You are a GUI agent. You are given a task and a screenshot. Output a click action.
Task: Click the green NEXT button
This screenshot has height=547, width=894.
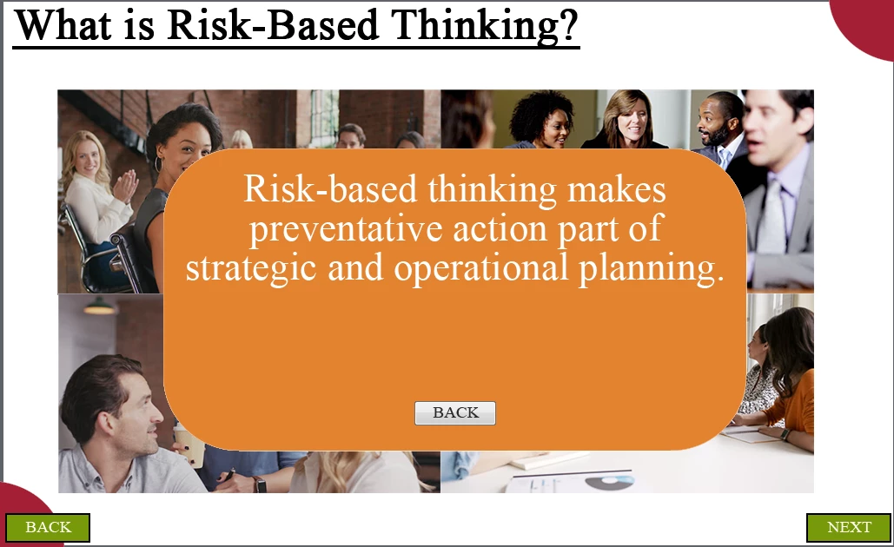pyautogui.click(x=848, y=527)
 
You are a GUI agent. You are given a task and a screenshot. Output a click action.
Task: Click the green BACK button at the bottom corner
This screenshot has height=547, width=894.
pyautogui.click(x=48, y=527)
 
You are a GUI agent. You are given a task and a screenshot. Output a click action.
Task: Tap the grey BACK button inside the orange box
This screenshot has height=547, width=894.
pyautogui.click(x=455, y=412)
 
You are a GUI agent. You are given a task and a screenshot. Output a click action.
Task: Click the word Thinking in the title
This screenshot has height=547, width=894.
pyautogui.click(x=485, y=26)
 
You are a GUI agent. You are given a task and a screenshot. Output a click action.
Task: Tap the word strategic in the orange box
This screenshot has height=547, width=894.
pyautogui.click(x=251, y=267)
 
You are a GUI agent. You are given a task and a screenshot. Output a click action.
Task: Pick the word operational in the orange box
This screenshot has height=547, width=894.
pyautogui.click(x=481, y=267)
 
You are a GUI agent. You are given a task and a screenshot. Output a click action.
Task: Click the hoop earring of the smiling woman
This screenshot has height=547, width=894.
pyautogui.click(x=158, y=163)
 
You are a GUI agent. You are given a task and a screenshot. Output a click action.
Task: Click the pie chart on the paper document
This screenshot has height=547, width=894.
pyautogui.click(x=609, y=483)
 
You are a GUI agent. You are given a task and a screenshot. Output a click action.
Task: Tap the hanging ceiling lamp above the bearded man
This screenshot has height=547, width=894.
pyautogui.click(x=100, y=306)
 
